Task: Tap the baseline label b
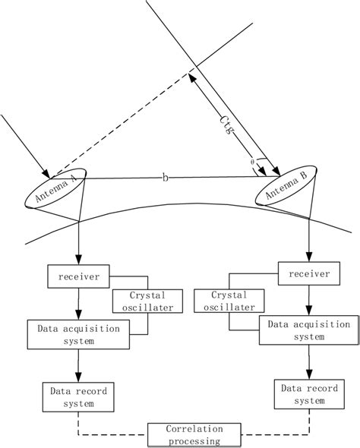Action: pyautogui.click(x=166, y=177)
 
